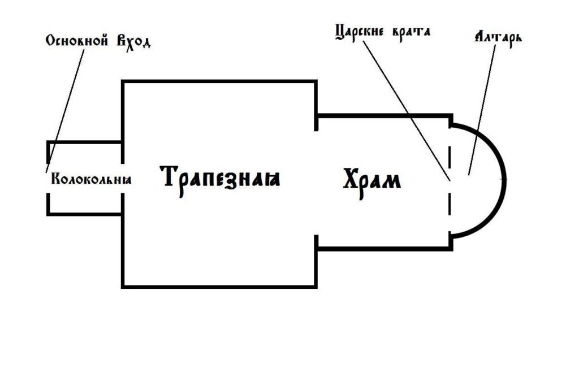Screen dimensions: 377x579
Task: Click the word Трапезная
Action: tap(222, 178)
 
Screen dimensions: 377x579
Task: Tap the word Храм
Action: tap(372, 180)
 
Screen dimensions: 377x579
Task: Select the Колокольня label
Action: tap(91, 180)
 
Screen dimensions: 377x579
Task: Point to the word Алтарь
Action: tap(498, 38)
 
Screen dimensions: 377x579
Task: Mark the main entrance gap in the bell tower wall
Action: tap(47, 176)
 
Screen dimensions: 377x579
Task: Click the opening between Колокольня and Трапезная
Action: tap(123, 177)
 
